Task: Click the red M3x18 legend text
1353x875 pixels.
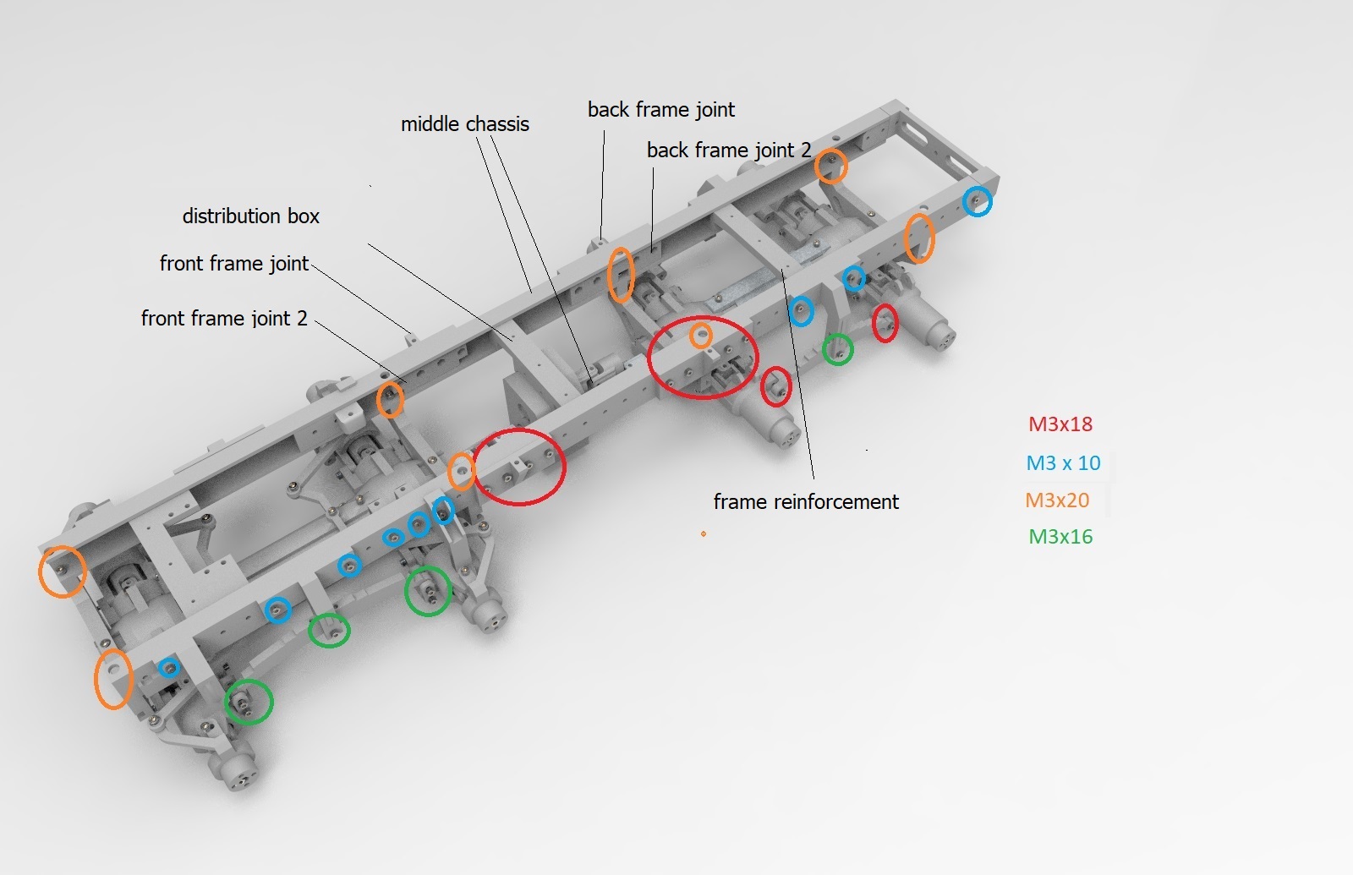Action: pos(1060,424)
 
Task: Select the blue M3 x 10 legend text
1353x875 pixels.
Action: pos(1063,462)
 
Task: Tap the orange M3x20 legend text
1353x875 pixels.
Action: pos(1057,500)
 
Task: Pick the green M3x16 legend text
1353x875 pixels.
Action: pos(1060,536)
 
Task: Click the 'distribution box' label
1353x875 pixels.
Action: pos(250,216)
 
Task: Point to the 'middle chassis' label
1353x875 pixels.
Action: pos(465,123)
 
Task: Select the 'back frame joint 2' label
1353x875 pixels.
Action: pos(729,150)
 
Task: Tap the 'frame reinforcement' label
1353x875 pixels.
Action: pos(807,501)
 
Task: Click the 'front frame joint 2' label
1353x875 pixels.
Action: pos(224,318)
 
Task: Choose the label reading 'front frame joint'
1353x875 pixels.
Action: pos(234,263)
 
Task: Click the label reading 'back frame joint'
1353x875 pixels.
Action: pos(661,109)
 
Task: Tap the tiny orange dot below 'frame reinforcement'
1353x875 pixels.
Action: pos(703,533)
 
